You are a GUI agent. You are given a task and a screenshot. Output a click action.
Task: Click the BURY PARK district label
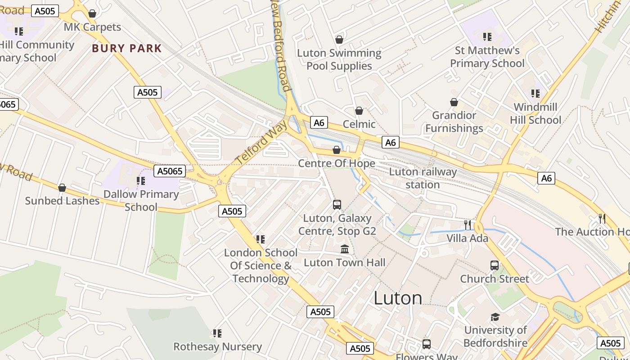[x=126, y=49]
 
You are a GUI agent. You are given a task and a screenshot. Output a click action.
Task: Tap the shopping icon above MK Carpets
[x=92, y=14]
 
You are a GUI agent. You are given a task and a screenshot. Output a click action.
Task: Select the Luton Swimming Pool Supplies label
[x=339, y=59]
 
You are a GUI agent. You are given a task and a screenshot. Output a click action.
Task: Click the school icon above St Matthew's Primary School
[x=487, y=36]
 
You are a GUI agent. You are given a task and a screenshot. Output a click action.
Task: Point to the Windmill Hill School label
[x=535, y=113]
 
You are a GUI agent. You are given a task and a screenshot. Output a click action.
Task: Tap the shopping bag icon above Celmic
[x=359, y=111]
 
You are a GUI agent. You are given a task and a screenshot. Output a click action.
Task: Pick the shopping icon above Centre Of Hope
[x=337, y=150]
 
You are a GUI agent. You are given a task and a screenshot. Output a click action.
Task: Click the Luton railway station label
[x=423, y=178]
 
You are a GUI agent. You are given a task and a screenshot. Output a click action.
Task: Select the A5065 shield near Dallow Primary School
[x=169, y=171]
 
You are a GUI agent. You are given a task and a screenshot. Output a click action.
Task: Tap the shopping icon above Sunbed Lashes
[x=62, y=188]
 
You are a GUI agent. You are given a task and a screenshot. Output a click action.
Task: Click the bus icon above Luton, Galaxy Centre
[x=337, y=205]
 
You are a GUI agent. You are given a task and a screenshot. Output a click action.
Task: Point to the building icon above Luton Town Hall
[x=345, y=249]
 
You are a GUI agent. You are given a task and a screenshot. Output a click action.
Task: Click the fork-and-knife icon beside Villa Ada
[x=468, y=225]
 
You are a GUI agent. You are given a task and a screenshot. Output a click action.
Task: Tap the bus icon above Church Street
[x=495, y=265]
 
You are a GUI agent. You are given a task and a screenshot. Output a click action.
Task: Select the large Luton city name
[x=398, y=298]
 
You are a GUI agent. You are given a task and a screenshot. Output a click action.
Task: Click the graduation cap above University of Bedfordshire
[x=495, y=317]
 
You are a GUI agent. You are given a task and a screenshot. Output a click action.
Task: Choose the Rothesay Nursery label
[x=218, y=347]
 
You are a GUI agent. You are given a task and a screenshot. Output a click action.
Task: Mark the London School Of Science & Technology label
[x=261, y=265]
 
